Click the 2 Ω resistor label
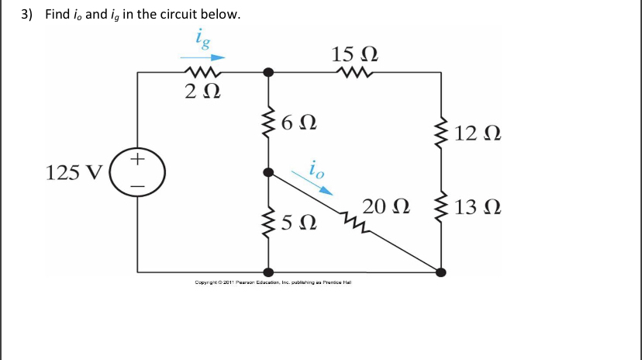coord(202,92)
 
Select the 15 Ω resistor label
coord(355,55)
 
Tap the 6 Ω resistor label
coord(299,123)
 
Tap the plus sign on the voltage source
coord(137,160)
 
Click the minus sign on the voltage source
coord(137,186)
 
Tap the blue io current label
coord(316,168)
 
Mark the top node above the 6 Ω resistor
coord(268,72)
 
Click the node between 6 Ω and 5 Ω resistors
coord(268,172)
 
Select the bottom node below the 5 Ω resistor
coord(268,272)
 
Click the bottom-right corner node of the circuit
coord(441,272)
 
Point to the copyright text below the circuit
coord(274,282)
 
